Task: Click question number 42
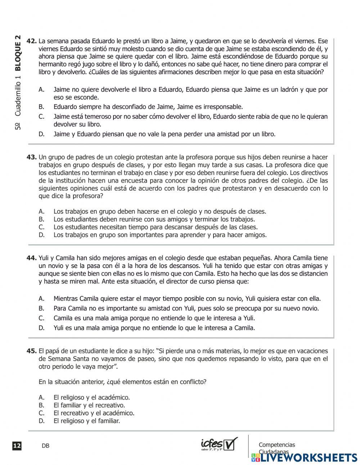click(x=32, y=41)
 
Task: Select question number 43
click(x=32, y=157)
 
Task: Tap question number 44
click(x=32, y=258)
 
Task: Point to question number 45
click(x=32, y=351)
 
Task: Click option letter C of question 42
click(x=41, y=116)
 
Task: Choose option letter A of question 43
click(x=41, y=211)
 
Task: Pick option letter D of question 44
click(x=41, y=328)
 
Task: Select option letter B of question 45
click(x=41, y=405)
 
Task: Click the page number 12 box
click(x=17, y=446)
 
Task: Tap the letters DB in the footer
click(x=45, y=446)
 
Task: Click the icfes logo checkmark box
click(x=231, y=443)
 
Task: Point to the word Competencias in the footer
click(x=276, y=445)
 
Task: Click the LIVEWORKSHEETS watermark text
click(x=308, y=458)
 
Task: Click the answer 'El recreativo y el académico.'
click(x=94, y=413)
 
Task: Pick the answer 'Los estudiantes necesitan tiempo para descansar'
click(x=156, y=227)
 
